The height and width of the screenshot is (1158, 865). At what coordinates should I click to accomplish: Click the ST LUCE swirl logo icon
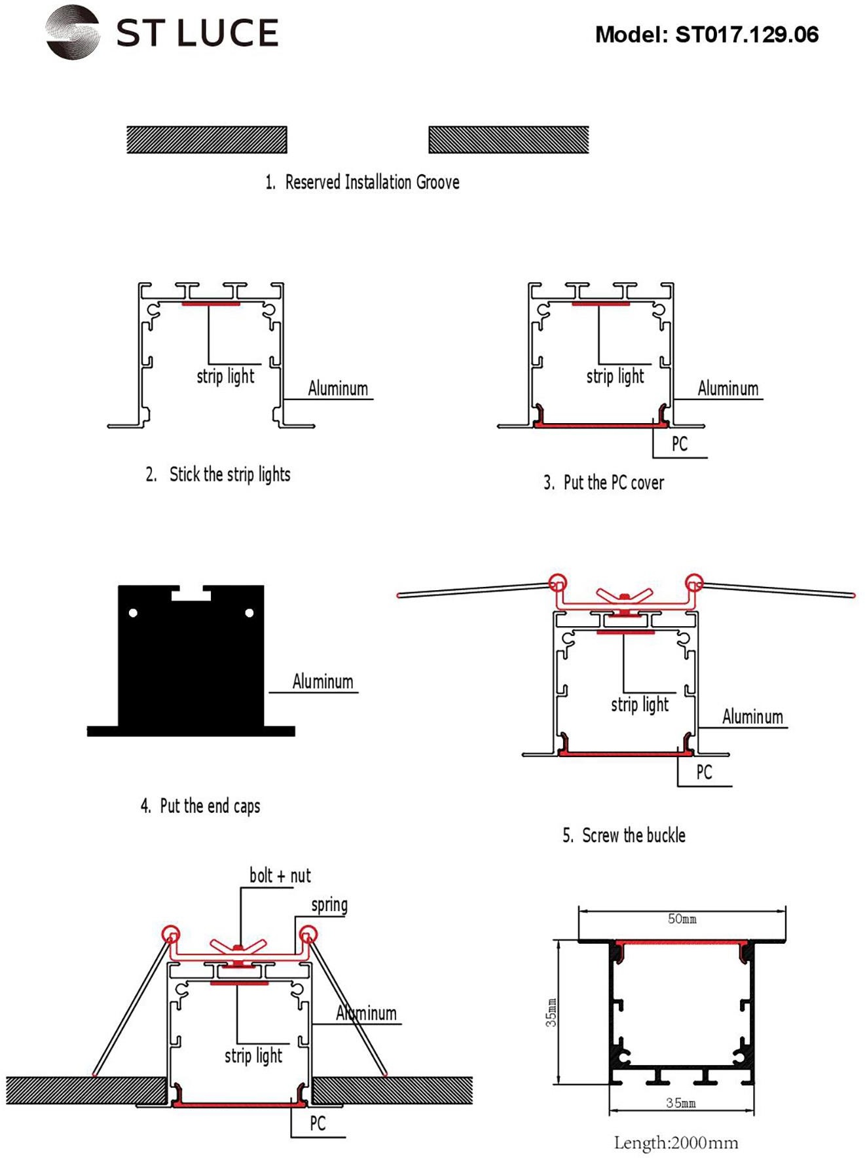73,33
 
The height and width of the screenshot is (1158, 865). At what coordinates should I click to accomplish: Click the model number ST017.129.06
746,35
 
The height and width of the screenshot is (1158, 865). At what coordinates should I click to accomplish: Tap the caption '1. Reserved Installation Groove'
362,182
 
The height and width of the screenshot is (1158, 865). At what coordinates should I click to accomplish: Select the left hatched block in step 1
207,140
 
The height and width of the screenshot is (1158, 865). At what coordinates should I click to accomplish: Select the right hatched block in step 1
509,140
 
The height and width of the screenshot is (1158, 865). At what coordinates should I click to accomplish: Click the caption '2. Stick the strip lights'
218,474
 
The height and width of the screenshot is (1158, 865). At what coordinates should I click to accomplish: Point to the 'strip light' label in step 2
225,377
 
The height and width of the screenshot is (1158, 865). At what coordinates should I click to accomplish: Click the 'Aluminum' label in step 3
727,388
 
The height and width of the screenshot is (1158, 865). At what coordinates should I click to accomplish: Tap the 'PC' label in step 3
680,444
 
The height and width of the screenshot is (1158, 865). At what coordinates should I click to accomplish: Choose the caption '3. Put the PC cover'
604,483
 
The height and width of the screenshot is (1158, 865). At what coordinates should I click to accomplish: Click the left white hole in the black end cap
134,613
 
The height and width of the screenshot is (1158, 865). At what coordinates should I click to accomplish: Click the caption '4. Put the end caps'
200,806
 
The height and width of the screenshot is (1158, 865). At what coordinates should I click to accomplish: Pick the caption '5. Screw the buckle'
624,835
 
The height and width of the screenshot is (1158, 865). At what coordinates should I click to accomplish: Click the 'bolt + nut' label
280,876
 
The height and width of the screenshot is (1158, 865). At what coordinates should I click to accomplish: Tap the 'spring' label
329,905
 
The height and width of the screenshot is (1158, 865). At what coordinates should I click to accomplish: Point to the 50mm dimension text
682,919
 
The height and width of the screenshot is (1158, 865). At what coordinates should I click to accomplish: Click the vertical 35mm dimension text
551,1012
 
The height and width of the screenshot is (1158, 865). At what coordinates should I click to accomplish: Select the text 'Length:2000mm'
676,1143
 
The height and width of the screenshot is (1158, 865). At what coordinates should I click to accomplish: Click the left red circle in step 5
557,582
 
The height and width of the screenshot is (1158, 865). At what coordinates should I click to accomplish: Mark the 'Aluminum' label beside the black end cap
323,682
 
